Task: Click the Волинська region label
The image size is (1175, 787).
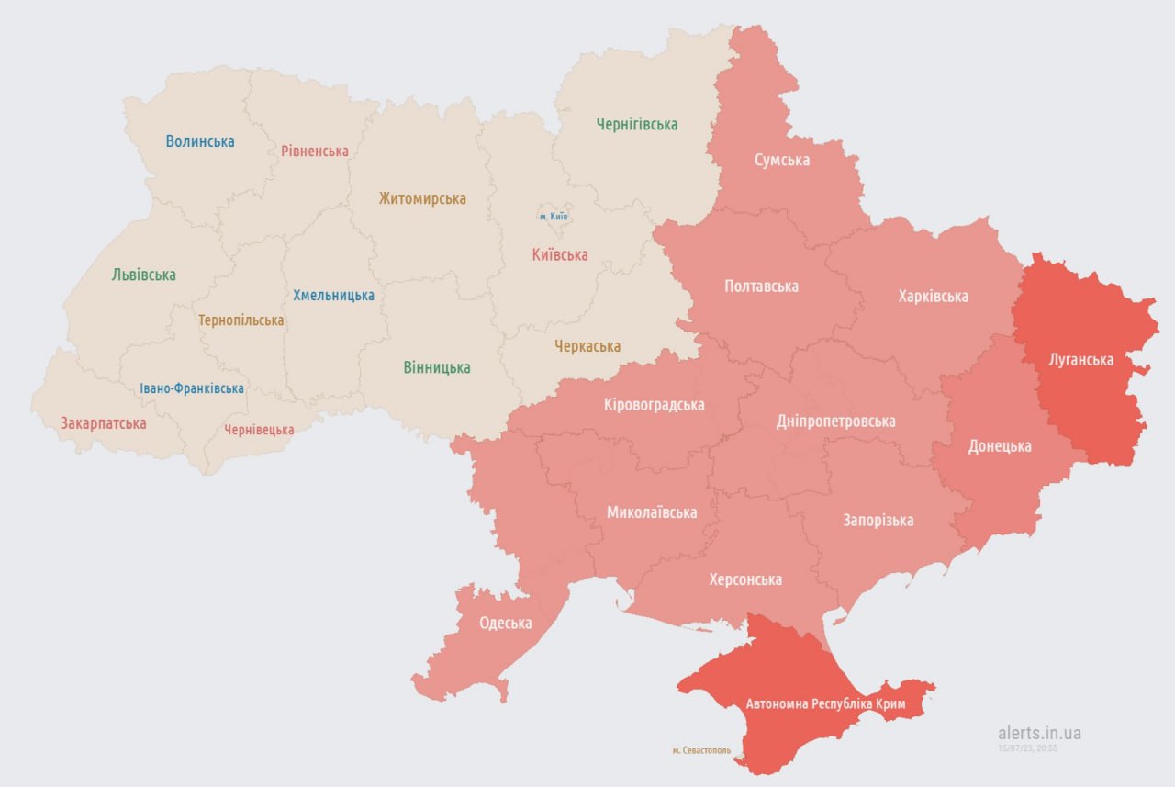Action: point(200,141)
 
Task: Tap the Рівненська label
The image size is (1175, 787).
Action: point(315,151)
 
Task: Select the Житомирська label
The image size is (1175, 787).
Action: point(422,198)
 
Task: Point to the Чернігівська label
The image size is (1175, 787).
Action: point(637,124)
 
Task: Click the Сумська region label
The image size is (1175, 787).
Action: point(782,160)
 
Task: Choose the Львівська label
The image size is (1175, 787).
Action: point(144,275)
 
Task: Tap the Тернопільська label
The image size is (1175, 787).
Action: point(241,320)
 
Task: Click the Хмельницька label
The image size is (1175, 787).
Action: point(333,295)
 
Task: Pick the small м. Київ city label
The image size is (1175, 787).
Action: point(554,217)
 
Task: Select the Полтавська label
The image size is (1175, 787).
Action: point(761,287)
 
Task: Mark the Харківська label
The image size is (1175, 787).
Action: point(933,296)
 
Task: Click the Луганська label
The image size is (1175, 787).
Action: point(1080,360)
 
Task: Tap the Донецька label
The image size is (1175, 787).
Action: point(1000,446)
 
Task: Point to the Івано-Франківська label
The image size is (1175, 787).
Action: point(192,388)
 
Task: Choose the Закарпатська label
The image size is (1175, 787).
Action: point(104,423)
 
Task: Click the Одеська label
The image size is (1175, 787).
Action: point(505,624)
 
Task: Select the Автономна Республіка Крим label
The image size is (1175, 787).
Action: point(825,704)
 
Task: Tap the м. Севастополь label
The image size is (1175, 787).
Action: point(701,750)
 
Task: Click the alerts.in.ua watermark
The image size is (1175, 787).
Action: point(1039,733)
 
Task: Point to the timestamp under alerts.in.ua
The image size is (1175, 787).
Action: point(1028,748)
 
